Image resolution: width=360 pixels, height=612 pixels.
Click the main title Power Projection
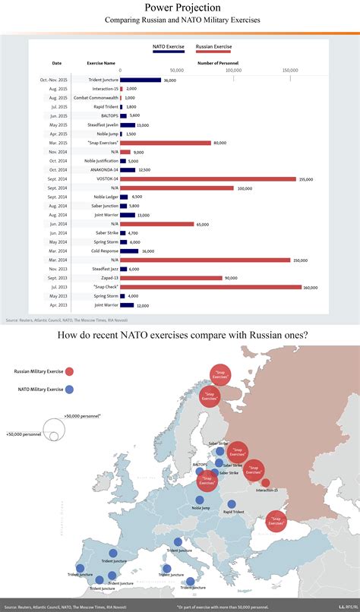(x=180, y=8)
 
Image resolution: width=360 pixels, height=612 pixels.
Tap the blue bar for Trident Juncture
(x=141, y=80)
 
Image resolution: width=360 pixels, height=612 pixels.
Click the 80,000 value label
(x=220, y=143)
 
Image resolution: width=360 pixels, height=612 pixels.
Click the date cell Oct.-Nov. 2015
(x=57, y=80)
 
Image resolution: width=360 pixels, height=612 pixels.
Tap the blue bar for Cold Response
(x=129, y=251)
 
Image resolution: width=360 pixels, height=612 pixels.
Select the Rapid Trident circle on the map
(x=232, y=503)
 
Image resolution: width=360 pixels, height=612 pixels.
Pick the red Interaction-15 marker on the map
(x=265, y=483)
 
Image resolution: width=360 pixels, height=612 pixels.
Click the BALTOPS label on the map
(x=200, y=462)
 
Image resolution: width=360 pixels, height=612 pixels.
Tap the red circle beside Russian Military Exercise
(x=70, y=371)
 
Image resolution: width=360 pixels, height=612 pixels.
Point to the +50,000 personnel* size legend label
(x=83, y=417)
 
